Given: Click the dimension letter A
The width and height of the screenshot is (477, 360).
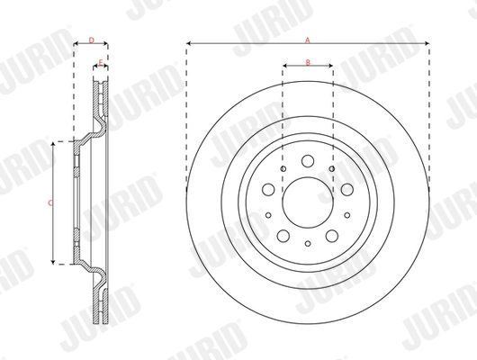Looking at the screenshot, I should pyautogui.click(x=308, y=40).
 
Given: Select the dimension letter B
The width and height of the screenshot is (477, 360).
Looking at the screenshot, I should pyautogui.click(x=308, y=61).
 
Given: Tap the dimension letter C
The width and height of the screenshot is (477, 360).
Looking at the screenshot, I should pyautogui.click(x=49, y=203).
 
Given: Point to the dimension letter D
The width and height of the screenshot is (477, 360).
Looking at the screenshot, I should pyautogui.click(x=90, y=40).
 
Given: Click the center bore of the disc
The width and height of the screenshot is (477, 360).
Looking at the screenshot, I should pyautogui.click(x=307, y=203).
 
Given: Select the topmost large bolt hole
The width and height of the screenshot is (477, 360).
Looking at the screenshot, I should pyautogui.click(x=307, y=163).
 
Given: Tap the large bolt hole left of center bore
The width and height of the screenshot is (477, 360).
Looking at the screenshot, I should pyautogui.click(x=268, y=191).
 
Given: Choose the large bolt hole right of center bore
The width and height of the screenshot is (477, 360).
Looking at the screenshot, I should pyautogui.click(x=346, y=191).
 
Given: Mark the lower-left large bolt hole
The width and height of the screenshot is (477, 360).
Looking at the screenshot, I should pyautogui.click(x=283, y=236).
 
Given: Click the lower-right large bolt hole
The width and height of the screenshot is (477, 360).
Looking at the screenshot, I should pyautogui.click(x=331, y=236).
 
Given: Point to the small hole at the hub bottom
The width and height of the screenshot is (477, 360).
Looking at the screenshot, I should pyautogui.click(x=307, y=244).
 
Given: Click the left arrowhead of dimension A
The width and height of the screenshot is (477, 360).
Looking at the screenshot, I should pyautogui.click(x=191, y=43).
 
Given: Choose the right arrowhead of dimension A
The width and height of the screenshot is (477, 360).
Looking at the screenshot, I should pyautogui.click(x=425, y=43).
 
